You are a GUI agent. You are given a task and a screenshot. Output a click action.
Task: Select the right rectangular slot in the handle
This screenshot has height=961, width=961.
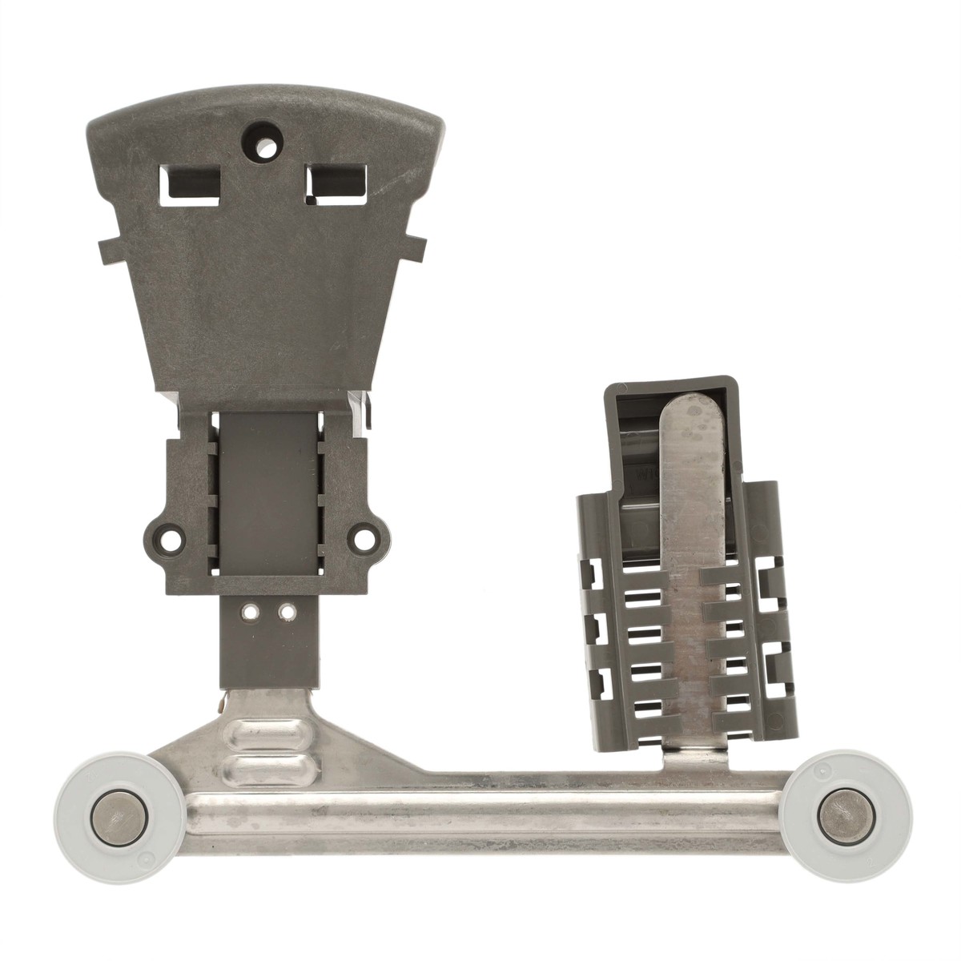(336, 182)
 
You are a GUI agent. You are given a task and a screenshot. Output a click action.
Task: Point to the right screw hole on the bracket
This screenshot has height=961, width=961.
(364, 534)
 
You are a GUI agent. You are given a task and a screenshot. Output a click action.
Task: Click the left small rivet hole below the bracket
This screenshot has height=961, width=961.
(251, 613)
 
